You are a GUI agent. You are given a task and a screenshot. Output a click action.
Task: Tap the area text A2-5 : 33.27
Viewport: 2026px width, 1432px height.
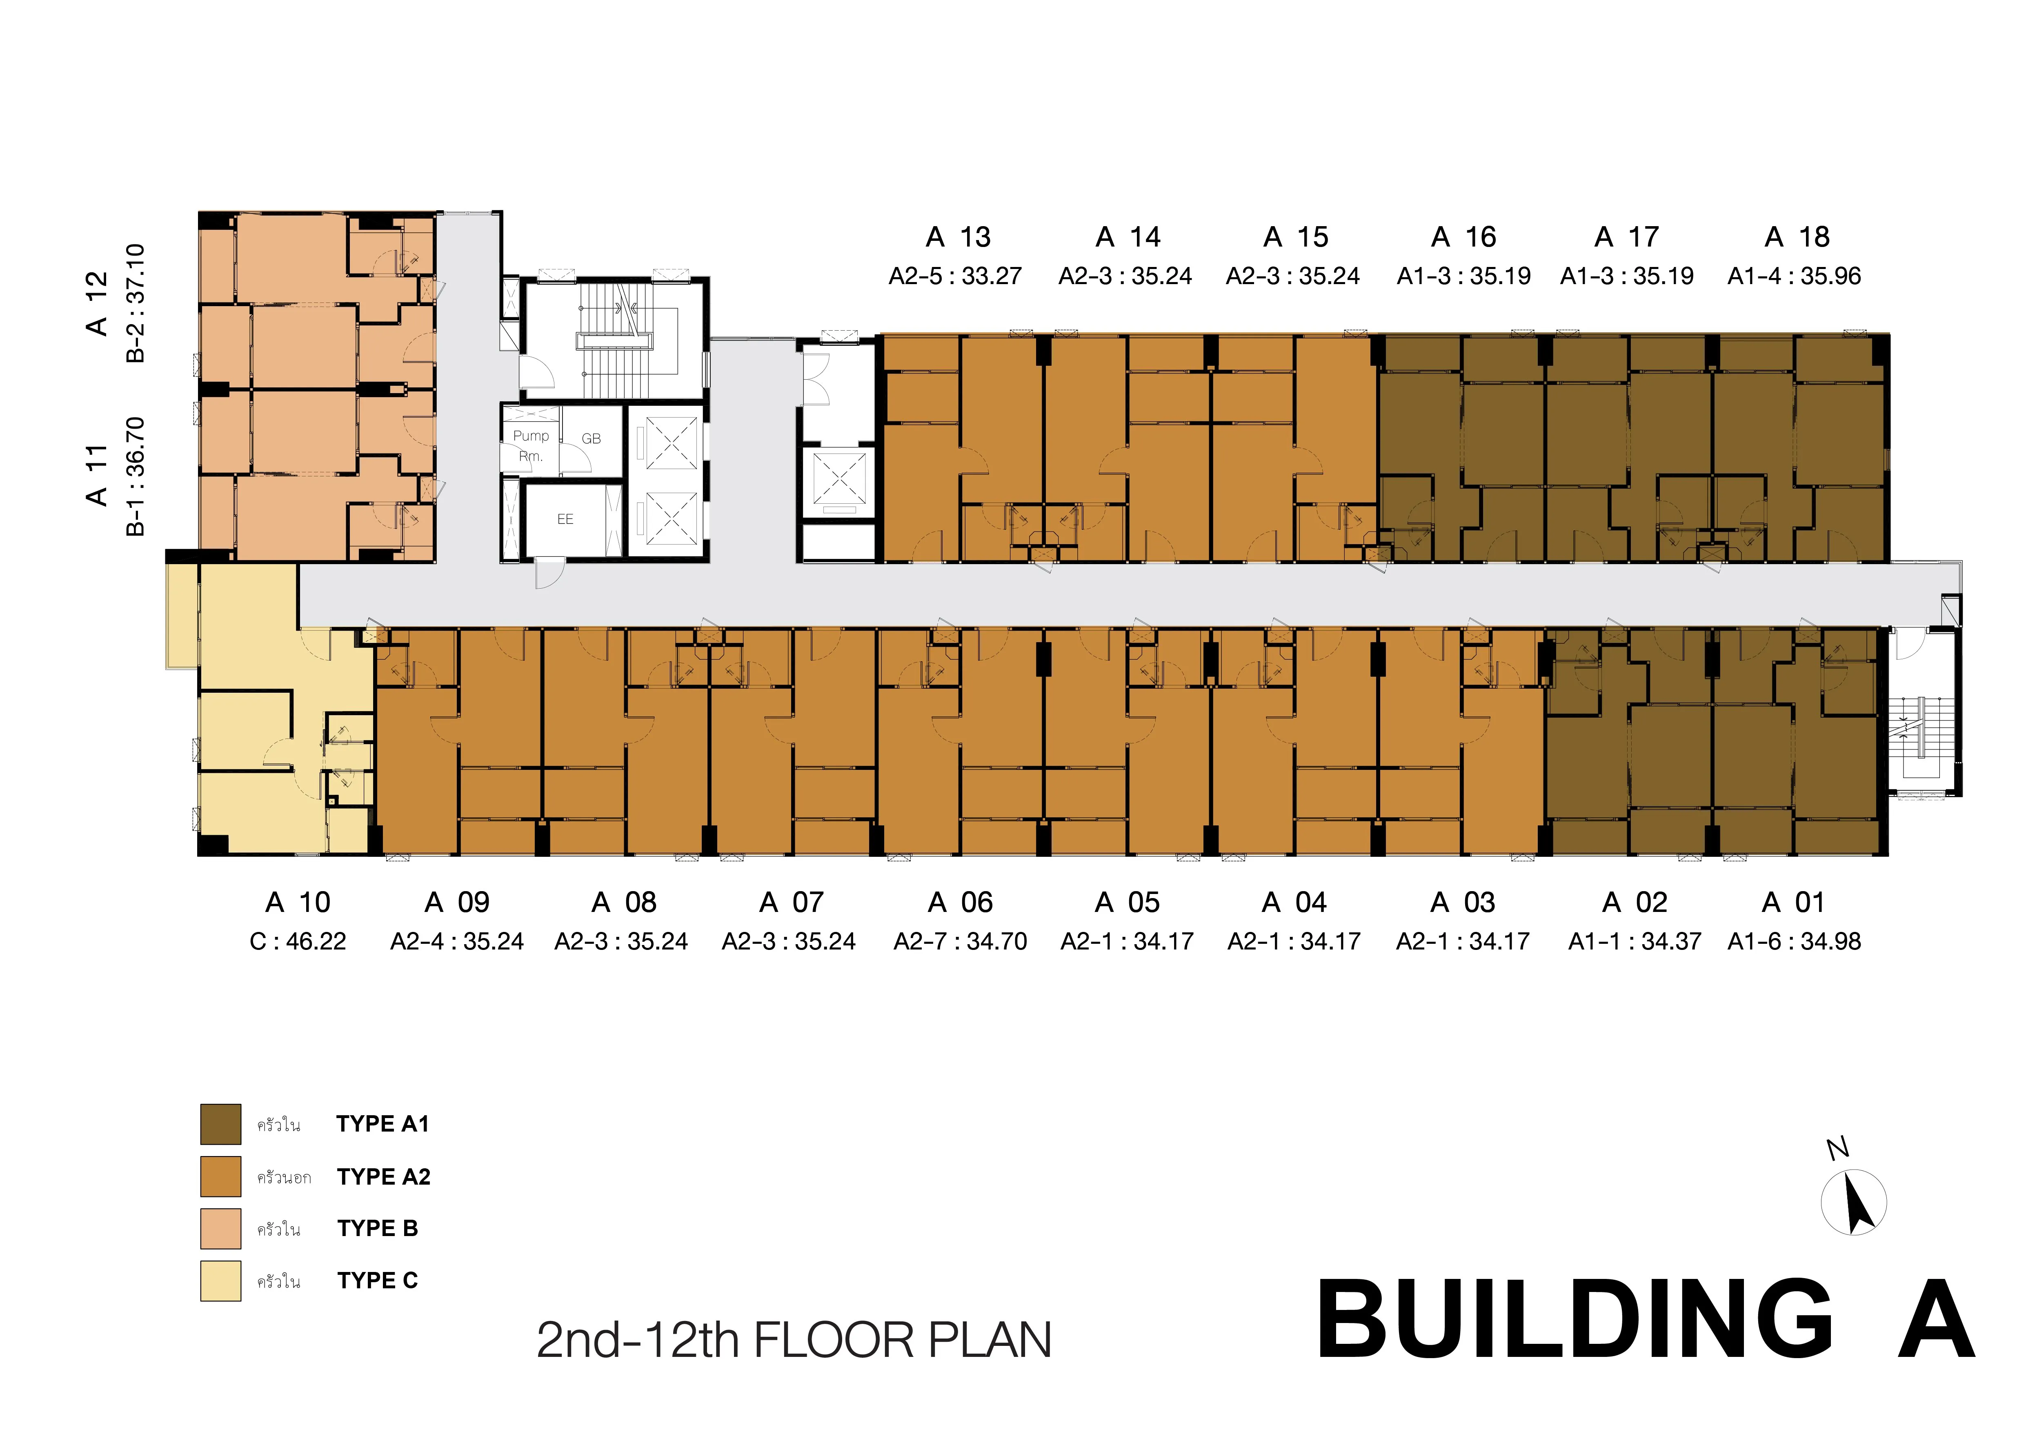[955, 276]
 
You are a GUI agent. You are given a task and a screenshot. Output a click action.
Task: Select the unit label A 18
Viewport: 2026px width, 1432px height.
[1797, 237]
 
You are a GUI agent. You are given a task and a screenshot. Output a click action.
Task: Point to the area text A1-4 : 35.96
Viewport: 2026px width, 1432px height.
[1794, 276]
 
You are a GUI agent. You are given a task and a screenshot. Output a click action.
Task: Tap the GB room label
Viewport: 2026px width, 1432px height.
[591, 438]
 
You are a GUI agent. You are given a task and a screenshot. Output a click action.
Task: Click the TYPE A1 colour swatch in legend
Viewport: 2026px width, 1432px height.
[220, 1124]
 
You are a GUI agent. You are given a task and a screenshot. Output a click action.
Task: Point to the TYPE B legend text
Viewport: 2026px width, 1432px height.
[378, 1228]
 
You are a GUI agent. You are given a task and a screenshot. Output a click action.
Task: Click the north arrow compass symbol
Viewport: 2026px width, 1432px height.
[1854, 1202]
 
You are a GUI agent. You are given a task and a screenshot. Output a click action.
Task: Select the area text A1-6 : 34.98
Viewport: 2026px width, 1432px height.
[1794, 941]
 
